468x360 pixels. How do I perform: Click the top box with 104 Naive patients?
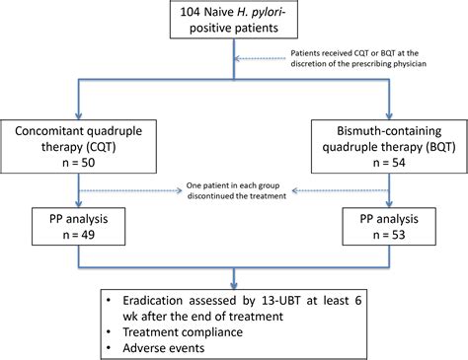[x=234, y=28]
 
